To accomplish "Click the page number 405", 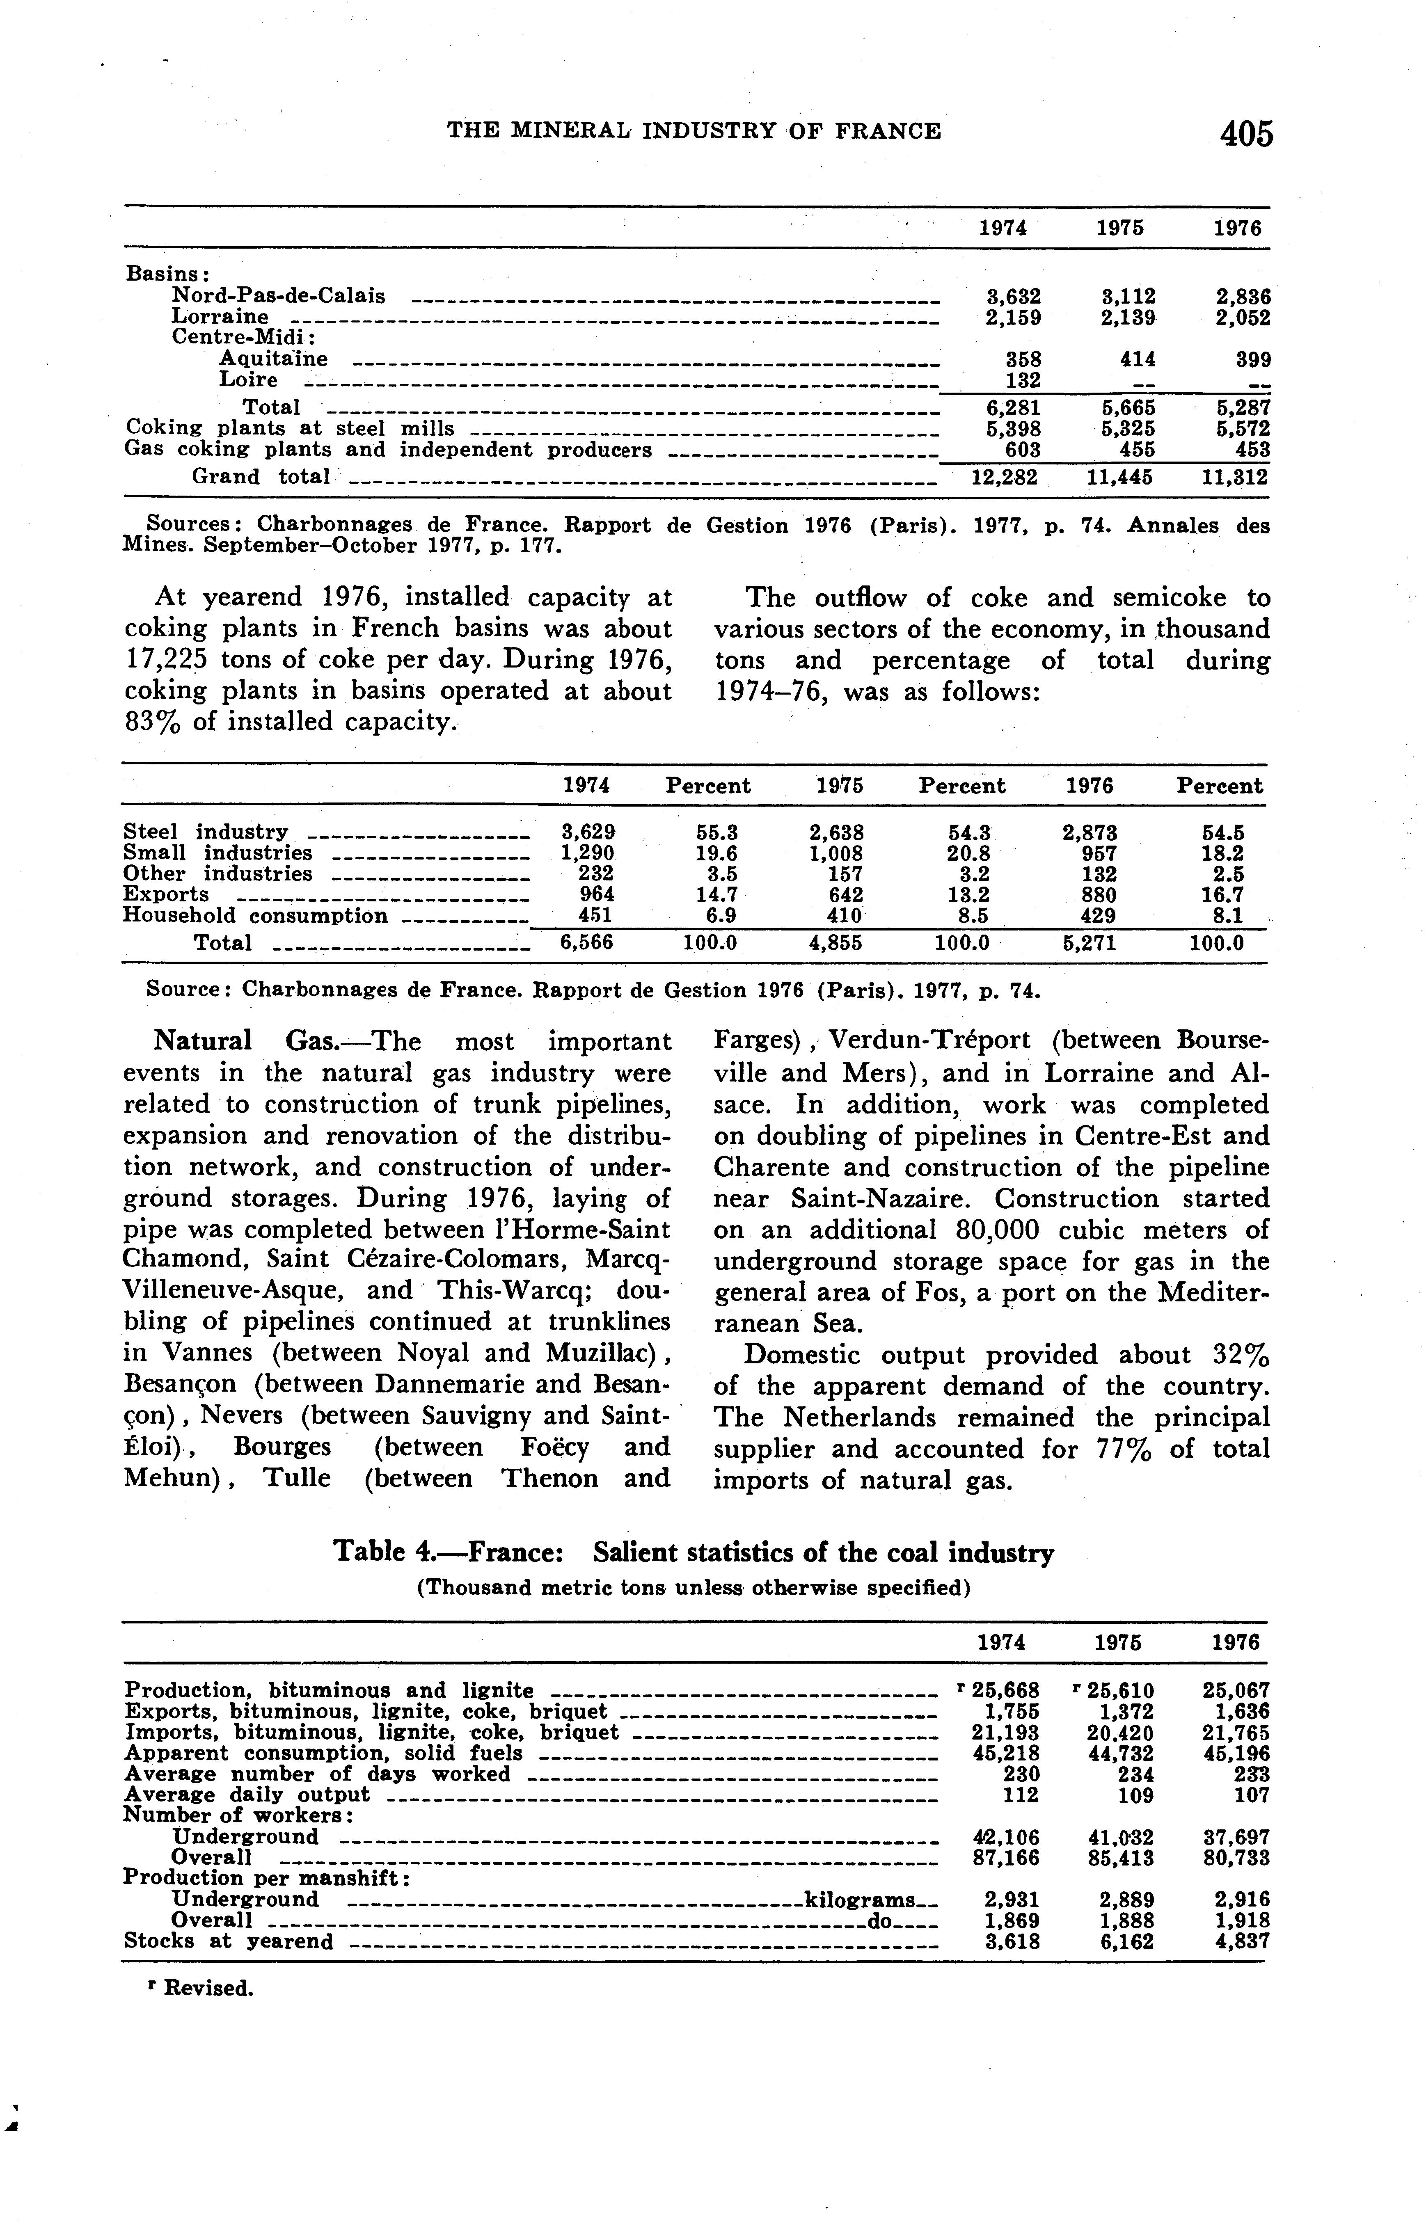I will (x=1246, y=134).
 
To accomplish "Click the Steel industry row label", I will (x=206, y=832).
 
